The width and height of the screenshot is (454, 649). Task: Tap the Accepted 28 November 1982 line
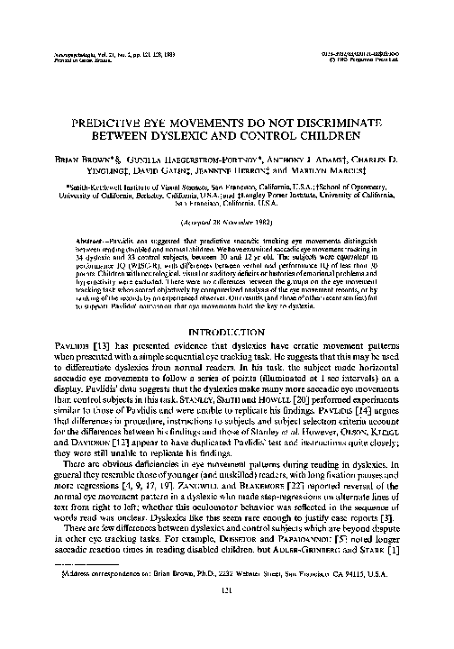226,220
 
